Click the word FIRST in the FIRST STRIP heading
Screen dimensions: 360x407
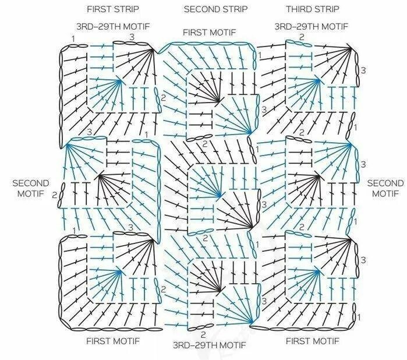[x=98, y=9]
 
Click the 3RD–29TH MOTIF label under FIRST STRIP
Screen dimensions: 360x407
[x=112, y=27]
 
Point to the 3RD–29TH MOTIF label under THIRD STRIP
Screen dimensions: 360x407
[x=312, y=27]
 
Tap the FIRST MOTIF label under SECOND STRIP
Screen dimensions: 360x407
[x=210, y=32]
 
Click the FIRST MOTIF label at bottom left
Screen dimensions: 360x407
[x=112, y=340]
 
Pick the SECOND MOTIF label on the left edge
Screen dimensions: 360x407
[x=30, y=188]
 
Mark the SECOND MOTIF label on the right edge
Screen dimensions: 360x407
[x=385, y=188]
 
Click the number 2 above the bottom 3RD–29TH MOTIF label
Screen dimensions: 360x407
[x=203, y=335]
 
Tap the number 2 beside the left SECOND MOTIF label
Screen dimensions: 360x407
[x=54, y=195]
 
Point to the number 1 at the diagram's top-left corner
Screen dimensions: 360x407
[x=73, y=38]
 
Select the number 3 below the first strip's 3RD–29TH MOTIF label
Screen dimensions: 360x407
[x=132, y=37]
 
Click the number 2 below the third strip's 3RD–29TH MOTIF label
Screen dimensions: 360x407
[x=302, y=37]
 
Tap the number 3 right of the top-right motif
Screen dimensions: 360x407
[x=363, y=70]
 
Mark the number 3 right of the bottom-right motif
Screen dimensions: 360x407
[x=363, y=259]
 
